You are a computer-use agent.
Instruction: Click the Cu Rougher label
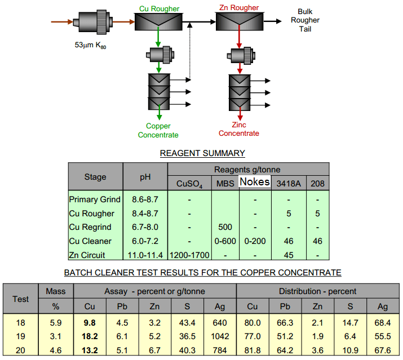coord(160,9)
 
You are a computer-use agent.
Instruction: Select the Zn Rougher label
coord(239,8)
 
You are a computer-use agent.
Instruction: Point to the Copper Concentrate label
coord(158,131)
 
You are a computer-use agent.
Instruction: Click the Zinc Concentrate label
coord(239,129)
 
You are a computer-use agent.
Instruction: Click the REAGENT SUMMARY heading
coord(202,153)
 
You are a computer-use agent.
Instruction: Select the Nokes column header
coord(255,182)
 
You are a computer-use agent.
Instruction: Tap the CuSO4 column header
coord(189,183)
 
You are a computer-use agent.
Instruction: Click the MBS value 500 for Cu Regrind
coord(225,227)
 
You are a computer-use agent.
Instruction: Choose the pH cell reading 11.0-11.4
coord(145,255)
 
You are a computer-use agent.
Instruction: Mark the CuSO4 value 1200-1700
coord(189,255)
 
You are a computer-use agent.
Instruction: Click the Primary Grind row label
coord(95,199)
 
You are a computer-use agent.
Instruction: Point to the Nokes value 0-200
coord(255,241)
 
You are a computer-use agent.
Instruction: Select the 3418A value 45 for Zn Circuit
coord(288,255)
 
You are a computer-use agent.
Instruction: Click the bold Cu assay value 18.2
coord(91,336)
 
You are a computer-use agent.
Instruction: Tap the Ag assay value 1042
coord(220,336)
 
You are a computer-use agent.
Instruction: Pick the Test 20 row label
coord(21,350)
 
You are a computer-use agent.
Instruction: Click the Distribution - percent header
coord(318,291)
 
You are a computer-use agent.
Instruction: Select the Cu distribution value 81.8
coord(253,350)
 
